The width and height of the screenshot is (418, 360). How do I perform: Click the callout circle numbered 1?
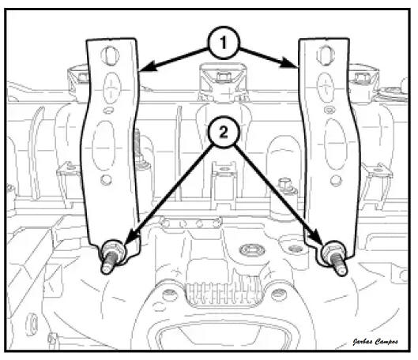[x=224, y=43]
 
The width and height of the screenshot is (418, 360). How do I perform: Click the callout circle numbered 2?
[x=224, y=132]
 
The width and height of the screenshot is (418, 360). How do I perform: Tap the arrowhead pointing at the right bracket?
[x=289, y=64]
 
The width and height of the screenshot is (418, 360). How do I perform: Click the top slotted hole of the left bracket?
[x=110, y=55]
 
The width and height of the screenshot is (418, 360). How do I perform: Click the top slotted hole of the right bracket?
[x=326, y=55]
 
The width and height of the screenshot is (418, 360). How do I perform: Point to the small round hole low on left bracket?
[x=106, y=180]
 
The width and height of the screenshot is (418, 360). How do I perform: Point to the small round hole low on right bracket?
[x=336, y=181]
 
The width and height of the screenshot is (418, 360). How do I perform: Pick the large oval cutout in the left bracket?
[x=104, y=145]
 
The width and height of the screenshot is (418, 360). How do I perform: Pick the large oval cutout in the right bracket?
[x=336, y=144]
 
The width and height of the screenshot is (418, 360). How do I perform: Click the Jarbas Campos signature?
[x=375, y=342]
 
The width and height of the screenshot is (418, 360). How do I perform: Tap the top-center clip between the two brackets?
[x=224, y=80]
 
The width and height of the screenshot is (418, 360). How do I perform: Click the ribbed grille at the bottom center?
[x=224, y=294]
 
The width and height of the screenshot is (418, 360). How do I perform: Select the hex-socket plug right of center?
[x=252, y=250]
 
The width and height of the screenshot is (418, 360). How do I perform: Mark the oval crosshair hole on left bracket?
[x=111, y=88]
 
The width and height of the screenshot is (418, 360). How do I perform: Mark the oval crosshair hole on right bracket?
[x=326, y=88]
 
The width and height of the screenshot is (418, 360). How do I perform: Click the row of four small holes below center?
[x=191, y=223]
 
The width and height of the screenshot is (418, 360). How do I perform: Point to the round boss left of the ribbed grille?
[x=170, y=294]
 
